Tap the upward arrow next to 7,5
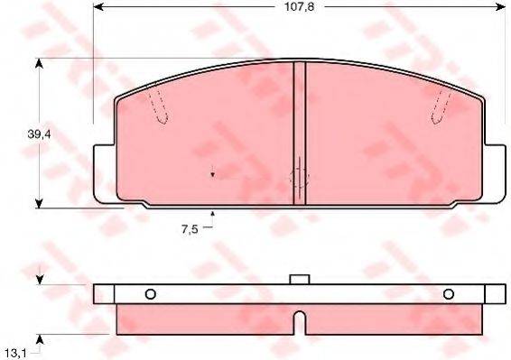pos(212,215)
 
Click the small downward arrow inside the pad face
pos(212,174)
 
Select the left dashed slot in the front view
pos(159,107)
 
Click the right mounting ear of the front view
pos(497,171)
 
